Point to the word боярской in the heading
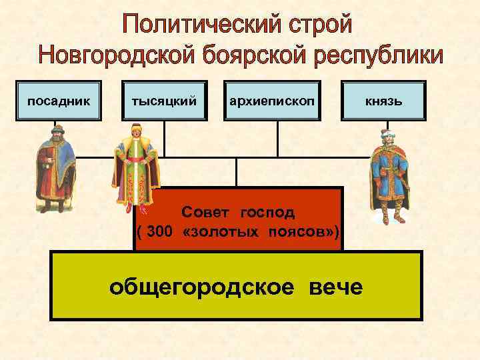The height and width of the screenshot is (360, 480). (253, 56)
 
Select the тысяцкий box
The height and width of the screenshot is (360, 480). (165, 101)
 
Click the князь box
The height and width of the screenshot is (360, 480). (381, 101)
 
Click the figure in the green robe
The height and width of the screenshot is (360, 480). (135, 167)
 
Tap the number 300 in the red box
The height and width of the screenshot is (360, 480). (161, 231)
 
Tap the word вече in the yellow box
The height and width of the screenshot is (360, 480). (335, 287)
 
